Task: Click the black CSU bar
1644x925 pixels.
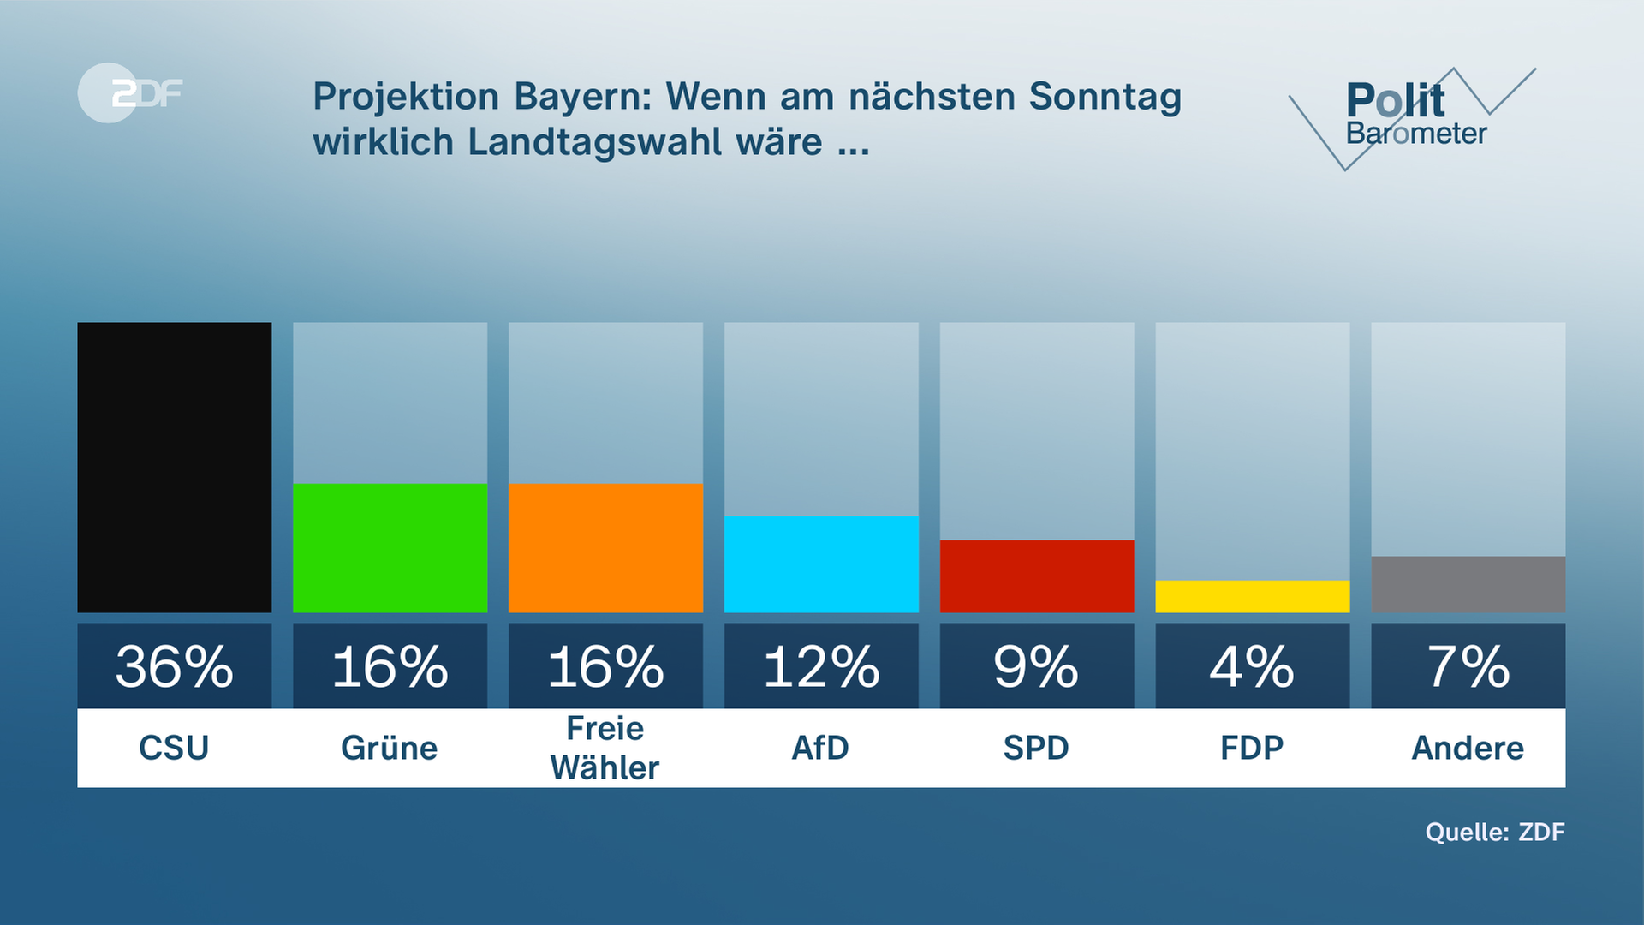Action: coord(175,467)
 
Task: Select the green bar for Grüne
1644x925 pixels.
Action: coord(390,548)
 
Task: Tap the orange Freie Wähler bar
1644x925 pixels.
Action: coord(605,548)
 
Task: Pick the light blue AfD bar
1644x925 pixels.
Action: coord(821,564)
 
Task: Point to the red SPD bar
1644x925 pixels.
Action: coord(1037,576)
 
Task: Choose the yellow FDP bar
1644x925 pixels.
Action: coord(1253,596)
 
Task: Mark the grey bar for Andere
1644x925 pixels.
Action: coord(1468,584)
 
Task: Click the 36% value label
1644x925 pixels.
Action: coord(175,666)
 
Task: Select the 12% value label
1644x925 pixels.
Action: coord(821,666)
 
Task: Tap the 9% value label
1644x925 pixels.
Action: coord(1037,666)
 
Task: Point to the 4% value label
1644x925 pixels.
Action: coord(1253,666)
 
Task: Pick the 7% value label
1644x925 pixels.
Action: coord(1468,666)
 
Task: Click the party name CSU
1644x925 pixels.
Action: coord(174,748)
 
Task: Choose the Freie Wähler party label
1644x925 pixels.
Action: coord(605,748)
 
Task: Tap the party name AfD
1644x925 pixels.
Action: coord(820,748)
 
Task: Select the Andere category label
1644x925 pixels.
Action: coord(1468,748)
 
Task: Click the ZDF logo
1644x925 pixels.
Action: coord(130,92)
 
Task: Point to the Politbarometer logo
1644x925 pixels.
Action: coord(1413,116)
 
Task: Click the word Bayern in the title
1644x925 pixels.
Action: coord(583,97)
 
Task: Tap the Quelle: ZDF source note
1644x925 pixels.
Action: coord(1495,832)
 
